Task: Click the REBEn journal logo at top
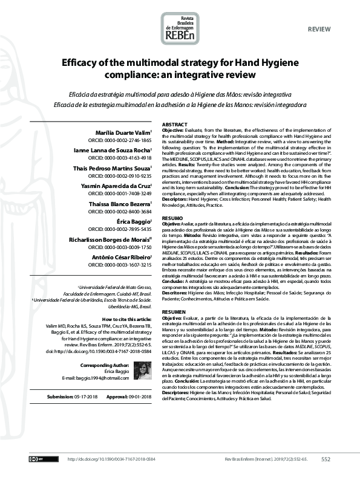pos(180,28)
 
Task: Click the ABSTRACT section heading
pos(174,123)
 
